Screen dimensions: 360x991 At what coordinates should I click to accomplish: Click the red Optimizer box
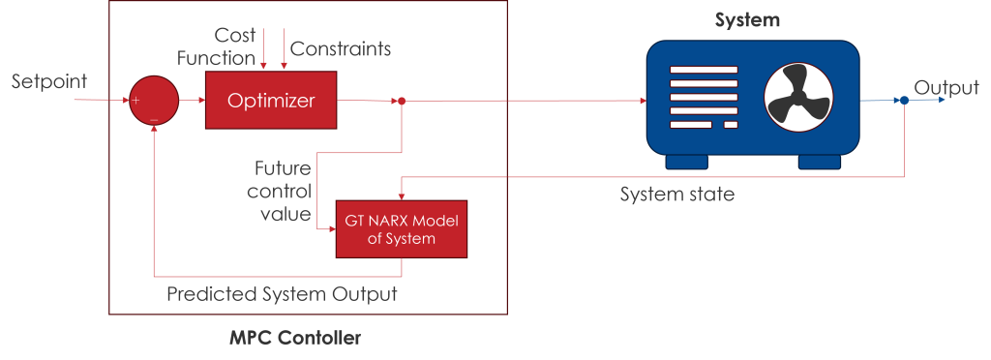270,100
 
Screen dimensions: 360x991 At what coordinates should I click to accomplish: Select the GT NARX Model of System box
402,229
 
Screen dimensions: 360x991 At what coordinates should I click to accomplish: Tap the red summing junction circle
154,101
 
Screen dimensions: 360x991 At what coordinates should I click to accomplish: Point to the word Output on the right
947,88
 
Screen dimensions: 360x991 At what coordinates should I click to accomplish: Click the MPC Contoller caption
295,338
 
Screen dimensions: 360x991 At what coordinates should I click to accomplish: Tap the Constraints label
342,48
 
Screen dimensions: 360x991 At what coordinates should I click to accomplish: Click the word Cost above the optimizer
234,36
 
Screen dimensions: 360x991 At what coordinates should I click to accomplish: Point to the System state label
676,195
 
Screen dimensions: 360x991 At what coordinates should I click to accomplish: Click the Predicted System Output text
282,293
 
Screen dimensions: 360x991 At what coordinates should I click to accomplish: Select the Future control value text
280,191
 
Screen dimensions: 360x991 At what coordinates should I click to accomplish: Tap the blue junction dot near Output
904,101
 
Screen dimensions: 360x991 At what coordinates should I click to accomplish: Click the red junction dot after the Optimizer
402,101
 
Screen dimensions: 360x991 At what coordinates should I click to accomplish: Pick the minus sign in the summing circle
154,119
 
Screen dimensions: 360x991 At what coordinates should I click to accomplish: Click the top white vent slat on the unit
704,70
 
